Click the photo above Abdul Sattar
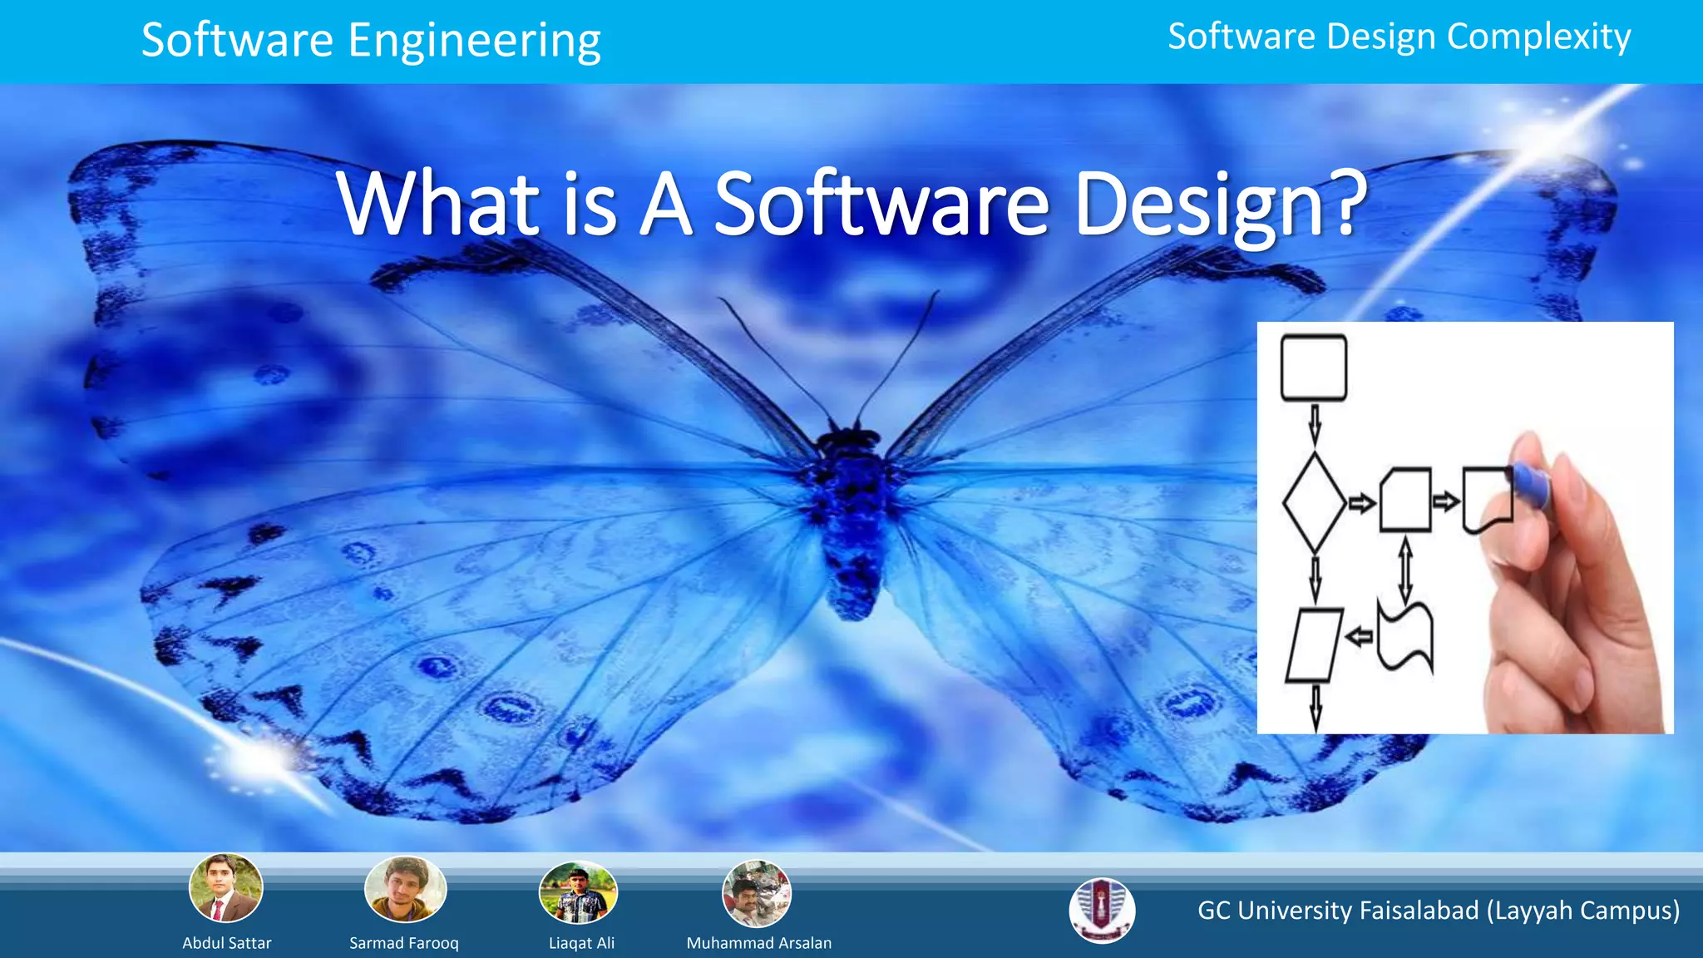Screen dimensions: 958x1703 tap(226, 887)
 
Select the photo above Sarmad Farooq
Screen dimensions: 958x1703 tap(405, 889)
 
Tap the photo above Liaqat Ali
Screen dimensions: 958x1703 tap(579, 892)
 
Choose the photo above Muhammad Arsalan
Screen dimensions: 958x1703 tap(756, 893)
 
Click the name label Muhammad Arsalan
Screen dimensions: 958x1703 tap(758, 943)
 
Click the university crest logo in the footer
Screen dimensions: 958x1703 tap(1102, 910)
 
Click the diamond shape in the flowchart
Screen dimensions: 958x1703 tap(1314, 502)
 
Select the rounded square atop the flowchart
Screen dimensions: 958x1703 tap(1314, 368)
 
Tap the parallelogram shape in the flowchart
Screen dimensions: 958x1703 tap(1314, 645)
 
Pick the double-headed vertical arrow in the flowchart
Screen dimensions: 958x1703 tap(1405, 570)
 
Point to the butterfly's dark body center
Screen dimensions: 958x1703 tap(850, 516)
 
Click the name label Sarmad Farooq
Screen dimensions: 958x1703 tap(404, 943)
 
